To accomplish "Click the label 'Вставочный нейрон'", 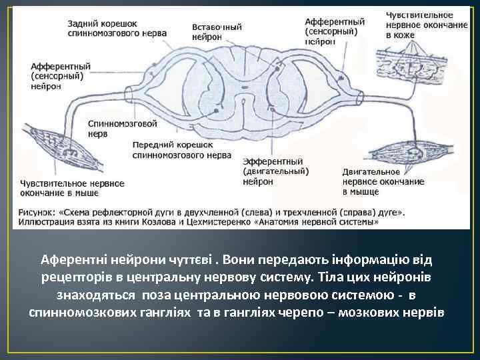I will (217, 32).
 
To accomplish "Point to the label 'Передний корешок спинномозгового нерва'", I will (173, 149).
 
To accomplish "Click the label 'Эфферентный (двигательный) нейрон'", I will (273, 171).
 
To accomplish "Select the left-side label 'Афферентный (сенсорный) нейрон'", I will (61, 76).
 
